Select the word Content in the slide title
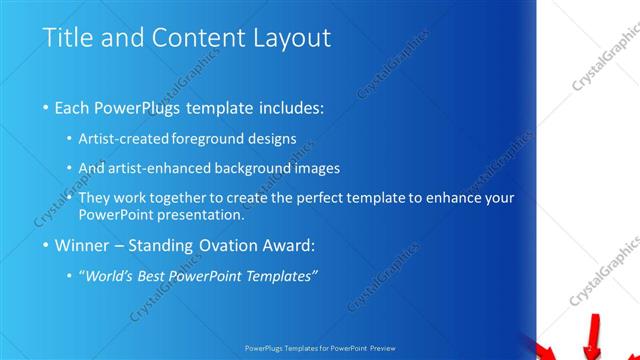[192, 38]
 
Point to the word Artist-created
[125, 138]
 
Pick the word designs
[274, 138]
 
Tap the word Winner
[84, 244]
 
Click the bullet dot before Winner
[46, 245]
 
